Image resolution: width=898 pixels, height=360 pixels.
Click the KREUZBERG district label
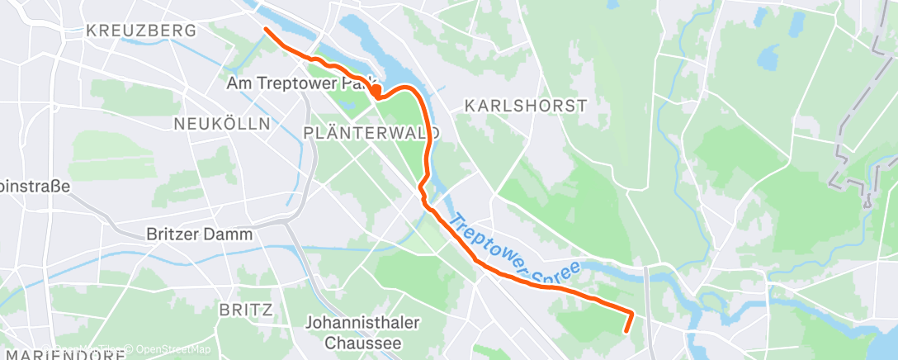[x=141, y=31]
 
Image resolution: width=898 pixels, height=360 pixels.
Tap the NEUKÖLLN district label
[x=222, y=124]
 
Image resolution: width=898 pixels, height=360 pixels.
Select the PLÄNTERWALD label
[x=371, y=132]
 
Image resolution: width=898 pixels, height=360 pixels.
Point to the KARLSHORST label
[x=526, y=106]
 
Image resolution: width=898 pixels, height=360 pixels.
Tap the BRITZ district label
[x=246, y=310]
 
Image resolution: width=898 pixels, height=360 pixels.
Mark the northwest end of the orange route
[x=265, y=30]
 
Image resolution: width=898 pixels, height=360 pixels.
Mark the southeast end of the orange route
[x=627, y=331]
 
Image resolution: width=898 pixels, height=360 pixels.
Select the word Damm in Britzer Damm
[x=231, y=234]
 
